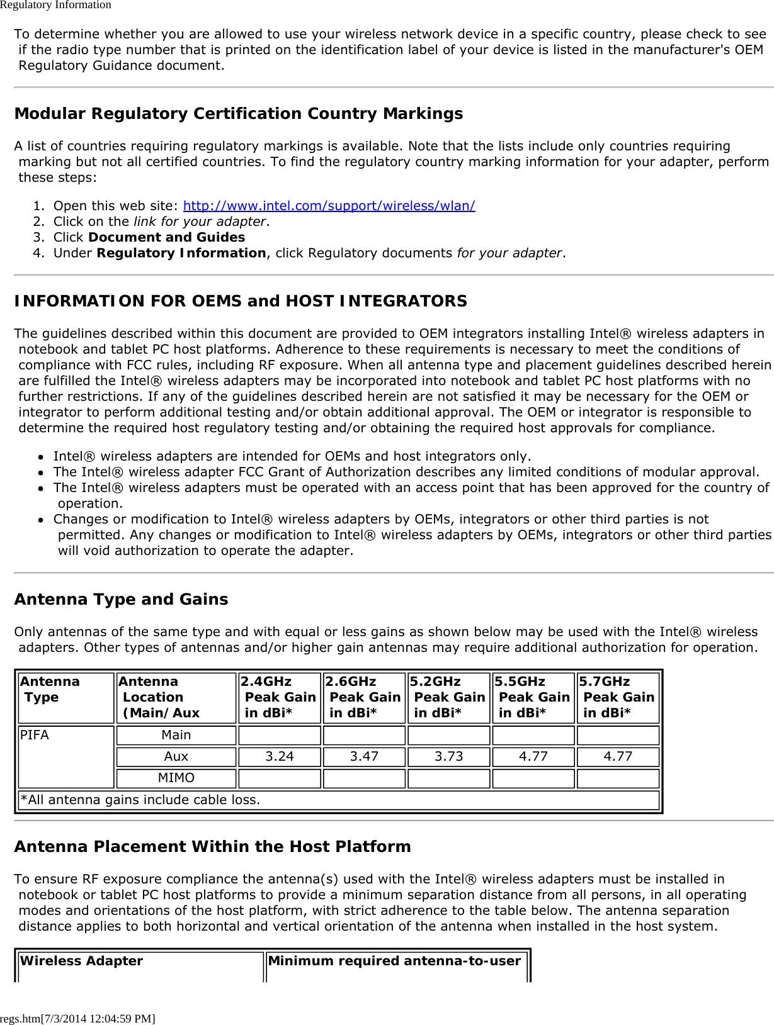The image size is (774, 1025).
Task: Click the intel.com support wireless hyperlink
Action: point(329,206)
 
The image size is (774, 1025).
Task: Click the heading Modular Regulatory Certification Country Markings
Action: point(238,114)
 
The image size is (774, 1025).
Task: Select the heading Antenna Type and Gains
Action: point(121,600)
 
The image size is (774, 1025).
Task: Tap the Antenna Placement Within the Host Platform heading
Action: point(212,847)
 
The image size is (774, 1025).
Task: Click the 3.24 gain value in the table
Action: point(280,756)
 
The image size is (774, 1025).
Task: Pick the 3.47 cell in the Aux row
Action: point(364,756)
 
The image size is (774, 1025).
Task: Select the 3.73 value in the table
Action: point(448,756)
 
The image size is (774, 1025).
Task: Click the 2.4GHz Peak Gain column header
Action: point(279,697)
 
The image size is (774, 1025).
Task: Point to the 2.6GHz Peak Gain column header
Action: point(364,697)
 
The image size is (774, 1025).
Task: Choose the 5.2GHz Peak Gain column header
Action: point(448,697)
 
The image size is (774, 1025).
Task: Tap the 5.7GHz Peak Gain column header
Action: point(618,697)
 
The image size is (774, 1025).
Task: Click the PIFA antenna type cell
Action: point(35,735)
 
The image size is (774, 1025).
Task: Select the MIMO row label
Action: point(176,778)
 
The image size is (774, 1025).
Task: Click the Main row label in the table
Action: point(176,735)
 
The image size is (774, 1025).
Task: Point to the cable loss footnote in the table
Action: point(140,800)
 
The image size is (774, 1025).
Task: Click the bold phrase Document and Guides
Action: point(167,237)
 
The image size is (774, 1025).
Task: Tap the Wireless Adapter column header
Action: point(82,961)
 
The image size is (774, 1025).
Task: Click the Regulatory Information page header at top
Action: point(55,5)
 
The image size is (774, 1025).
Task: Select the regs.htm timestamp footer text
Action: point(77,1018)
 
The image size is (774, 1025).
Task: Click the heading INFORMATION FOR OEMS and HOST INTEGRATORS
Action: point(241,301)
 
